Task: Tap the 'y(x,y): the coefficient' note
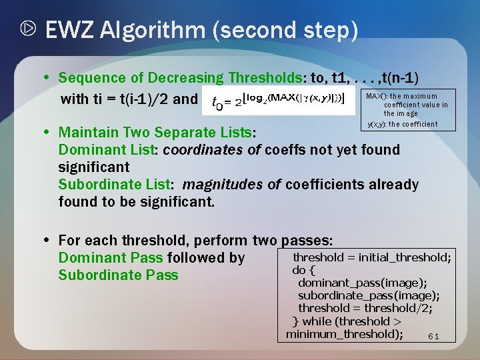tap(403, 124)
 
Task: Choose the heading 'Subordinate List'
tap(115, 184)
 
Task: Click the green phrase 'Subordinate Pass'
tap(118, 275)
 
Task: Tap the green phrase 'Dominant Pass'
tap(110, 257)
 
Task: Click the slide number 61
tap(433, 336)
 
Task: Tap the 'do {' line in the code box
tap(303, 270)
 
